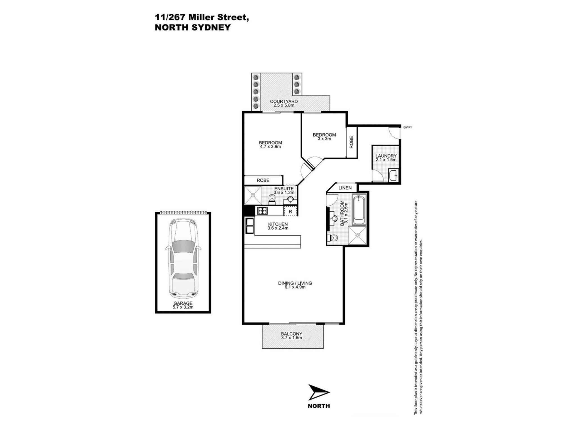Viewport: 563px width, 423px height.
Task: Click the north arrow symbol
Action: [318, 392]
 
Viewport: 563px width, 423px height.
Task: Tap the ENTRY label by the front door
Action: [407, 127]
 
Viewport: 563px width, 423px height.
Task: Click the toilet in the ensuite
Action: [272, 199]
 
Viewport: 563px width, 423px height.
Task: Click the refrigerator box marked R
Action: [290, 211]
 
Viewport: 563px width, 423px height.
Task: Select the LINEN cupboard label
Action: [345, 188]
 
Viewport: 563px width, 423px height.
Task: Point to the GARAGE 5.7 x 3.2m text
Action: [183, 305]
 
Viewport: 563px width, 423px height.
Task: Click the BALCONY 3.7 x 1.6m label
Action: [291, 336]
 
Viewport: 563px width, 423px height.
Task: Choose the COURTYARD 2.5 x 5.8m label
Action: [284, 103]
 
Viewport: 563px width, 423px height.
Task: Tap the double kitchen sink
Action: [250, 226]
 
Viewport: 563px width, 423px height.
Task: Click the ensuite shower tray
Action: [253, 195]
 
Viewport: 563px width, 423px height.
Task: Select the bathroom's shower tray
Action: [358, 235]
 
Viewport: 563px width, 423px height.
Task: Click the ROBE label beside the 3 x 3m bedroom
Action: [351, 142]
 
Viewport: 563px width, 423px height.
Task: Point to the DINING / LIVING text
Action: [295, 283]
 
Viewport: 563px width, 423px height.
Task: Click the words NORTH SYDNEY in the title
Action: [193, 27]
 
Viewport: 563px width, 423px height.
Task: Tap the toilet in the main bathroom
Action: [333, 238]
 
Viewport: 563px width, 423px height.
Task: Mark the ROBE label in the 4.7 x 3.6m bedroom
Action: [263, 180]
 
